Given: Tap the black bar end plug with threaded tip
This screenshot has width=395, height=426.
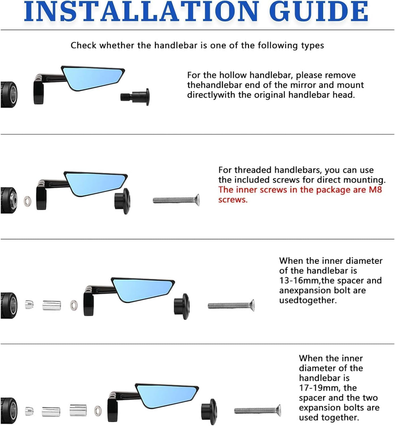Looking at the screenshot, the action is (135, 97).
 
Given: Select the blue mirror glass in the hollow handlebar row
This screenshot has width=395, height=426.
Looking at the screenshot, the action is (93, 78).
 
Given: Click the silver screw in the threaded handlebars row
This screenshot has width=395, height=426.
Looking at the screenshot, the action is (176, 200).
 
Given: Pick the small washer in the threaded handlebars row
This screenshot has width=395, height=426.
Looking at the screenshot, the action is (28, 201).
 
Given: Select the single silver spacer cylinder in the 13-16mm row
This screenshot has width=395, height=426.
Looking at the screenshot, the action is (52, 305).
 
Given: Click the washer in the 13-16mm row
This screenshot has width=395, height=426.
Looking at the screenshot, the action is (74, 306).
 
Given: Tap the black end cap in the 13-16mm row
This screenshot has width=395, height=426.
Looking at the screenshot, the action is (182, 306).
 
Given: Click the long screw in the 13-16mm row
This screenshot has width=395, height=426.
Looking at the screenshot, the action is (231, 305).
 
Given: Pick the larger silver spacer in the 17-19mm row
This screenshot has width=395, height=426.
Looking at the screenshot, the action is (78, 410).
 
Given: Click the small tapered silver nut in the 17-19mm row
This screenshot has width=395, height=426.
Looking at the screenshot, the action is (29, 411).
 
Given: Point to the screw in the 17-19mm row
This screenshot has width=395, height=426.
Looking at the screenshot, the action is (257, 411).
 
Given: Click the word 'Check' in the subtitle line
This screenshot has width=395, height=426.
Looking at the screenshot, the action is (83, 45).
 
